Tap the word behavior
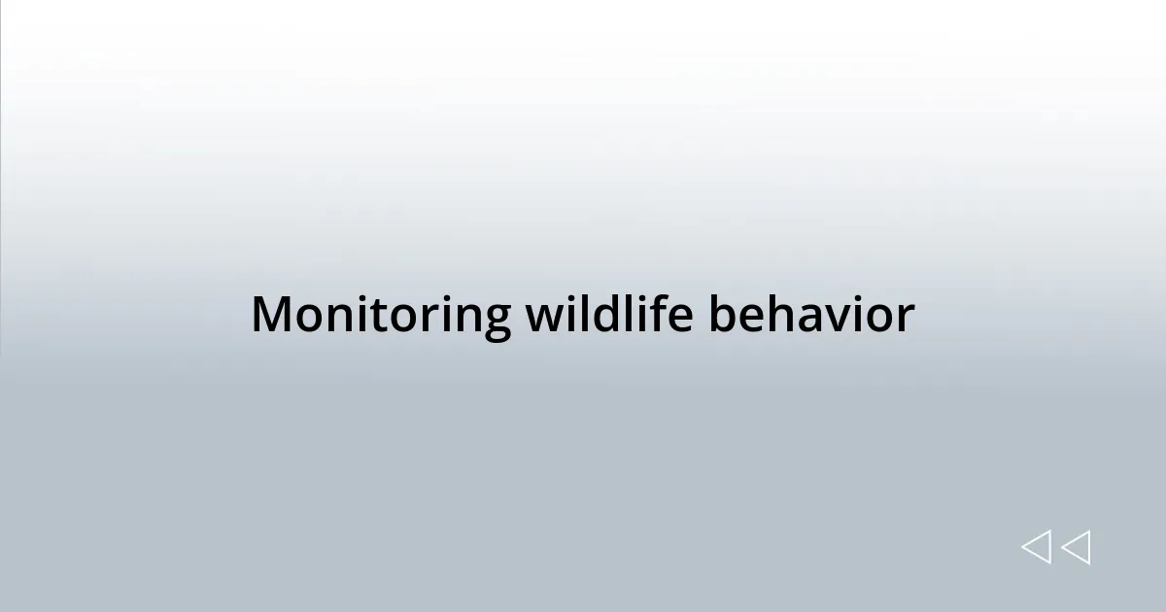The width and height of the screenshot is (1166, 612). tap(810, 315)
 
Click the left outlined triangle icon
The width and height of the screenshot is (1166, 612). tap(1036, 547)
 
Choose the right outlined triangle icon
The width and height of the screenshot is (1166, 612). tap(1076, 547)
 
